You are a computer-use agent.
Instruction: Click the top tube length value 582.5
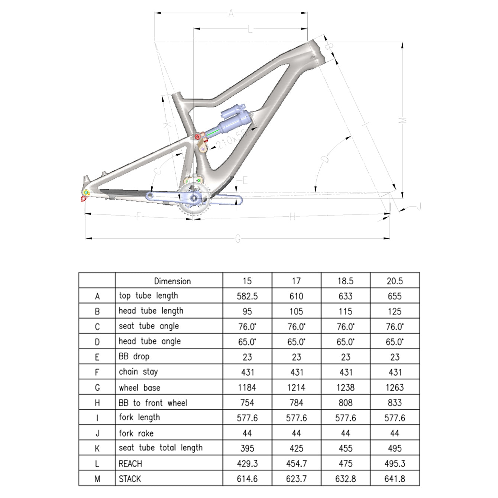click(x=247, y=296)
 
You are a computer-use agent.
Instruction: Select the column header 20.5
click(x=395, y=281)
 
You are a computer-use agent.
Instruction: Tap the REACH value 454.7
click(x=296, y=463)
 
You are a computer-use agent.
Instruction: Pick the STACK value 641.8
click(x=395, y=479)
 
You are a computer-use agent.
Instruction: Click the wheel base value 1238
click(x=345, y=388)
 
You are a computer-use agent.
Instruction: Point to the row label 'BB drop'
click(x=134, y=357)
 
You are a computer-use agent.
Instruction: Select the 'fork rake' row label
click(x=136, y=433)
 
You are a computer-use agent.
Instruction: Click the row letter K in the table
click(x=97, y=449)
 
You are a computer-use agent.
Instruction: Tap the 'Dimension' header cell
click(x=172, y=281)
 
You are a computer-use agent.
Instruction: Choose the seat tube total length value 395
click(x=247, y=449)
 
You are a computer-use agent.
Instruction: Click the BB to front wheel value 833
click(x=395, y=403)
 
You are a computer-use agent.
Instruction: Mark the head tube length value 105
click(x=296, y=311)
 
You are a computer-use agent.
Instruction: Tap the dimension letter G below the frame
click(x=238, y=239)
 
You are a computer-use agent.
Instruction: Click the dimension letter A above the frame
click(x=231, y=14)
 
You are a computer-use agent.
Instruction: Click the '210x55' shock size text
click(x=231, y=139)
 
